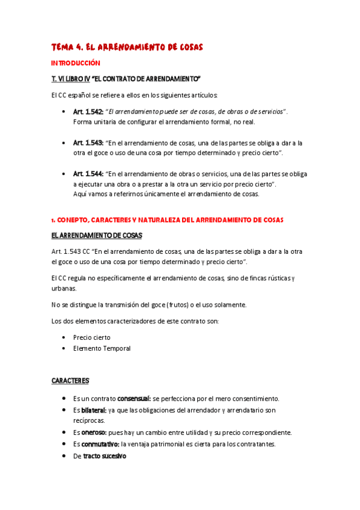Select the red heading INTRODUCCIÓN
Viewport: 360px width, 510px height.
[x=76, y=63]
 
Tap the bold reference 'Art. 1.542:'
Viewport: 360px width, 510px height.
[x=88, y=112]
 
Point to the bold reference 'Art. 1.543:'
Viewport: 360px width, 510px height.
[x=88, y=143]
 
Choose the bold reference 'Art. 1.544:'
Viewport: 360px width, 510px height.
[x=88, y=174]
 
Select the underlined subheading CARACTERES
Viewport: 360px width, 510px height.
[x=70, y=381]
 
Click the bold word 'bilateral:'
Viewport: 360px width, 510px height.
[x=94, y=410]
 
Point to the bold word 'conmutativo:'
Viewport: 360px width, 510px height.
[x=100, y=444]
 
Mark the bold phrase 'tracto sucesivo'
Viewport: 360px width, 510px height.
[x=105, y=456]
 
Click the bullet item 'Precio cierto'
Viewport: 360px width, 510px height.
[x=91, y=337]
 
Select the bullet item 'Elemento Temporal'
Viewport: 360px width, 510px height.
[x=102, y=348]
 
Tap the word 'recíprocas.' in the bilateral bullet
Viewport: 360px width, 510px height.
[x=89, y=420]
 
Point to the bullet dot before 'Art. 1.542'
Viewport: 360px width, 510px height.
[x=64, y=112]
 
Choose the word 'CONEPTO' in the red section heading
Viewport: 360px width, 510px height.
[x=73, y=221]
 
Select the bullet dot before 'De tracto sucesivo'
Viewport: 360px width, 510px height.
[x=64, y=456]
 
